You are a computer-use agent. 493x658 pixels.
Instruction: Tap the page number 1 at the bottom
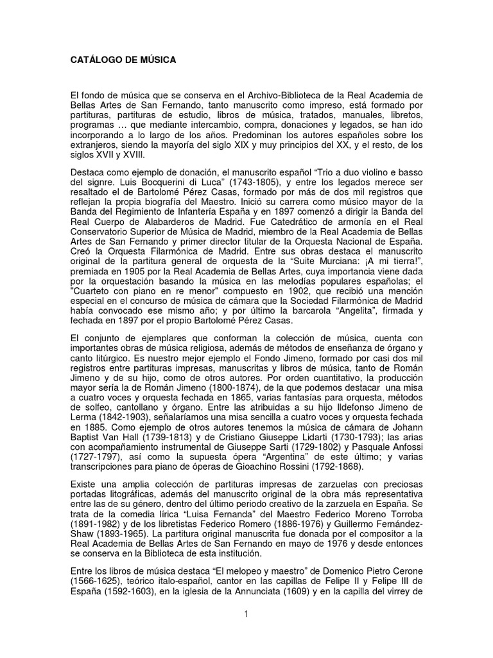246,615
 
